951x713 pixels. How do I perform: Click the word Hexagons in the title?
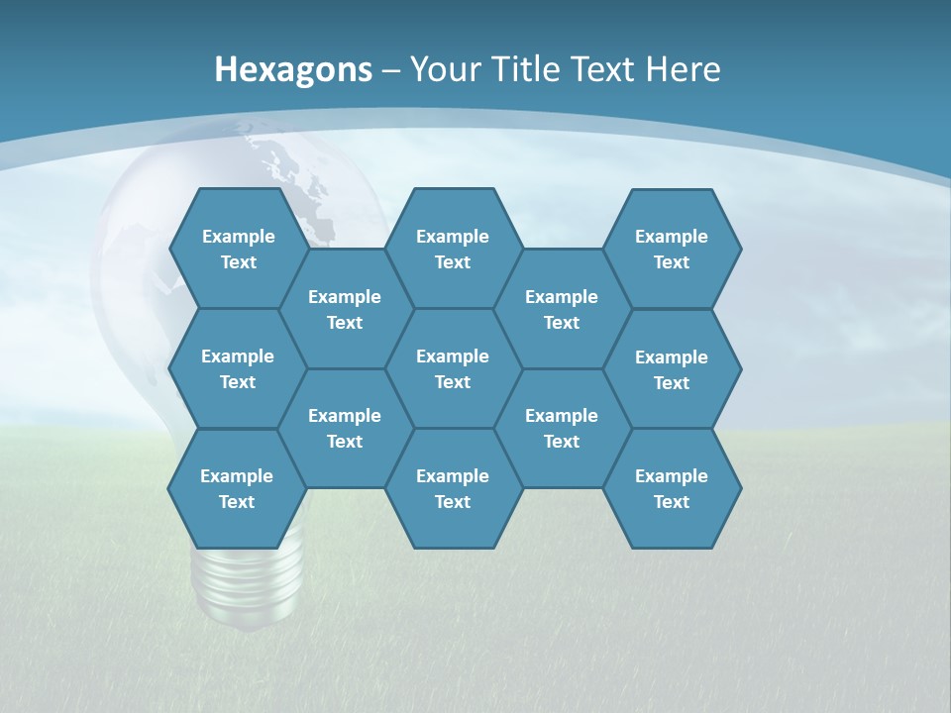[x=293, y=69]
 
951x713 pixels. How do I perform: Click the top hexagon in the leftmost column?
[x=238, y=249]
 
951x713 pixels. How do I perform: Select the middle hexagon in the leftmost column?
[x=238, y=368]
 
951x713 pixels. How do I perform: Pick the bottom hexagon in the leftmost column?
[x=237, y=488]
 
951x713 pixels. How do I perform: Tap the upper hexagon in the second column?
[x=345, y=309]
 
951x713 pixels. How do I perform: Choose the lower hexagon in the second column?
[x=345, y=428]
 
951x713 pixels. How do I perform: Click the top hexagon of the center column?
[x=453, y=249]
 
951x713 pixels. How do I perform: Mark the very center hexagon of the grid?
[x=453, y=368]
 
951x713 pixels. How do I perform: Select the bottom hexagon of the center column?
[x=453, y=488]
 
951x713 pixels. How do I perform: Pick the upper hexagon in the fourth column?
[x=562, y=309]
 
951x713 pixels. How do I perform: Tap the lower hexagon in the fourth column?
[x=562, y=428]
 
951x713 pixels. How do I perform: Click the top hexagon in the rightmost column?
[x=672, y=249]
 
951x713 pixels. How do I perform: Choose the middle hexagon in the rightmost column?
[x=672, y=369]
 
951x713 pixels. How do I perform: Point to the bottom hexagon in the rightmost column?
[x=672, y=488]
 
